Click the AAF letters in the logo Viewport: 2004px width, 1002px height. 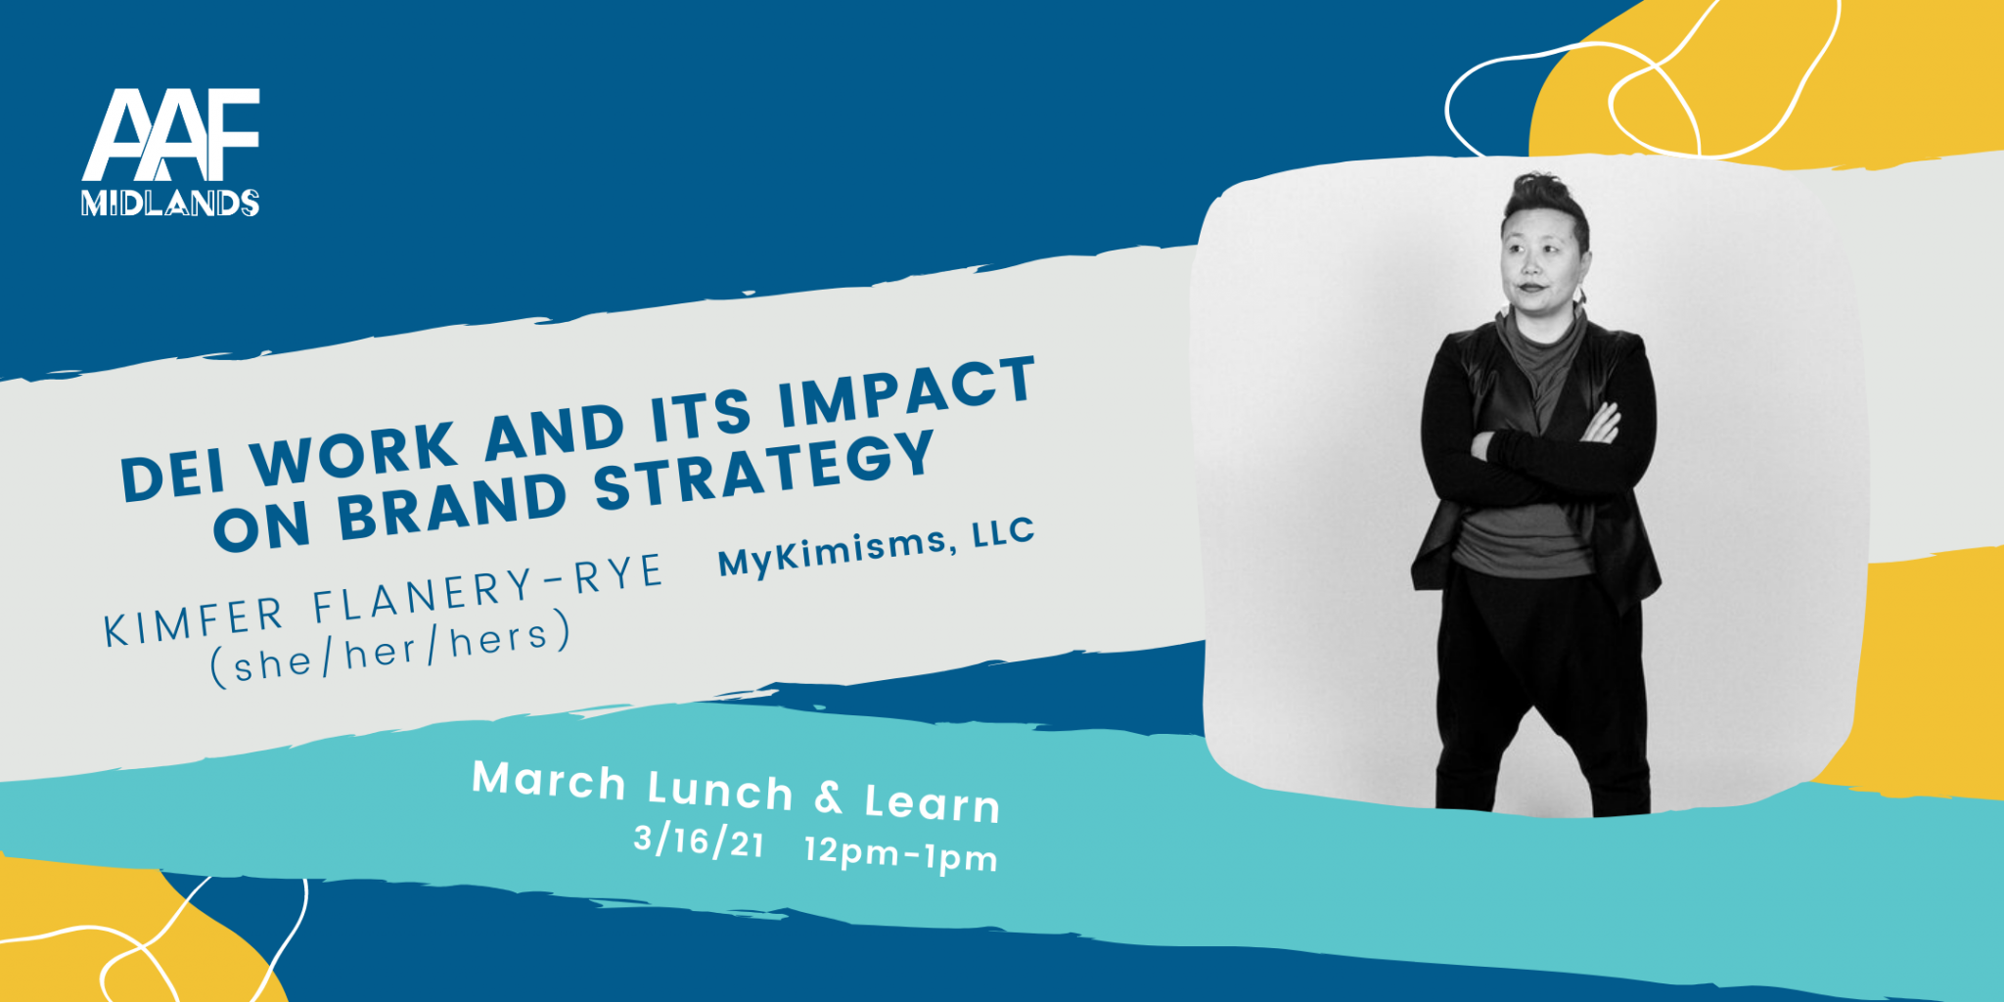[171, 135]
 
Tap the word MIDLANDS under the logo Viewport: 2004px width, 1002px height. [170, 203]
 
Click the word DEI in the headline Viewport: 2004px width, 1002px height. [173, 476]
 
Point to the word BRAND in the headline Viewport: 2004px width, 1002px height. [452, 506]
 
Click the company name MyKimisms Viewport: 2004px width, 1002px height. [833, 552]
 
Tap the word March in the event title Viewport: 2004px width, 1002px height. [549, 781]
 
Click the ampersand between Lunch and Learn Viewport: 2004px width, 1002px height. [829, 797]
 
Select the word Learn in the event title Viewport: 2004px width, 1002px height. [933, 803]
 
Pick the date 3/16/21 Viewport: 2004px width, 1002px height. [699, 841]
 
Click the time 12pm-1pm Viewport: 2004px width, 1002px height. [901, 854]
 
